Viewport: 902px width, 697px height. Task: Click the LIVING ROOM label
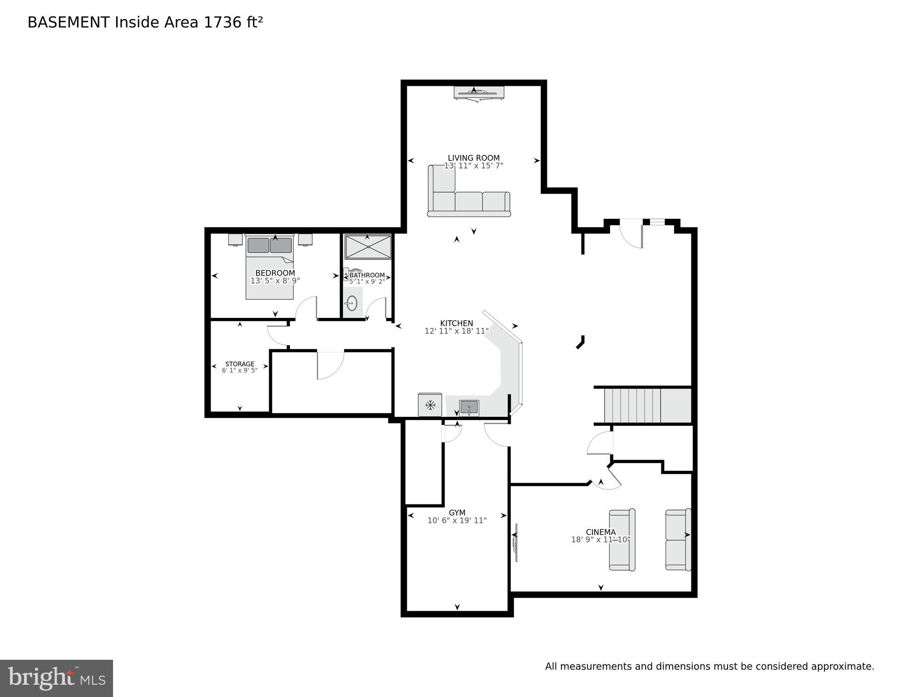[473, 158]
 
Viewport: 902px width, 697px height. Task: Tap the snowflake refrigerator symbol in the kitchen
[430, 405]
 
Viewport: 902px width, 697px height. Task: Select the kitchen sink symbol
[469, 407]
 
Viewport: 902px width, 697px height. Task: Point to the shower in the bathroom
[368, 247]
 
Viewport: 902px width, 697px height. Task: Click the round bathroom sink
[351, 303]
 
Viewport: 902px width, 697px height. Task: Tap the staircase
[642, 405]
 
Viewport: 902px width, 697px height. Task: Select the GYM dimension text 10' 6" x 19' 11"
[457, 520]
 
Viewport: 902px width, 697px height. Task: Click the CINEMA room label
[601, 532]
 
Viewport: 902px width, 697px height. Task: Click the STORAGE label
[240, 364]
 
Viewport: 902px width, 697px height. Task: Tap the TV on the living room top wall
[478, 93]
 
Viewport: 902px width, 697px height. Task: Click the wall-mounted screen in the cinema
[515, 543]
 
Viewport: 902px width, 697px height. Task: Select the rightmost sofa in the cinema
[678, 539]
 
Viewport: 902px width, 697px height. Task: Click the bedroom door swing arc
[305, 307]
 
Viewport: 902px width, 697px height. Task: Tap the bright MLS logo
[56, 678]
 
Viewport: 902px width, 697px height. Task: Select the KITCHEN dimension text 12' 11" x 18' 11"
[457, 331]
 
